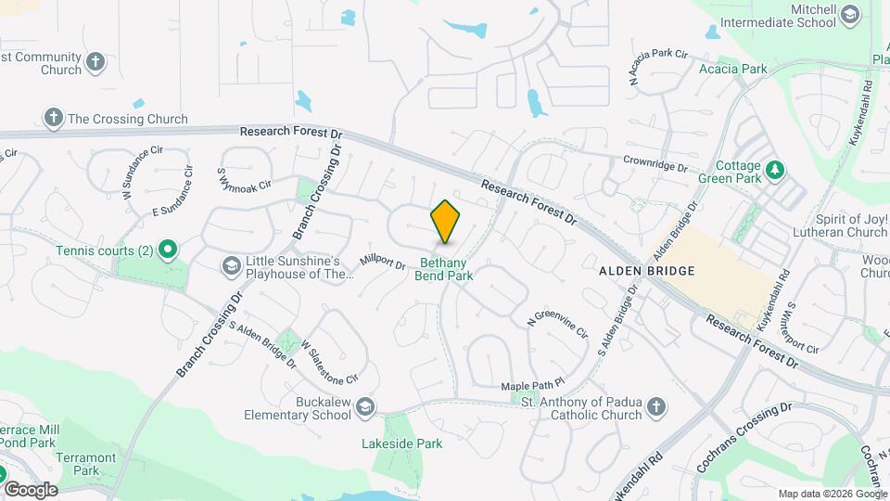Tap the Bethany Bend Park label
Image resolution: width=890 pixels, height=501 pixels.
click(444, 269)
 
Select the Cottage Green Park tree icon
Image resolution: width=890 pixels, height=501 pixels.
click(776, 170)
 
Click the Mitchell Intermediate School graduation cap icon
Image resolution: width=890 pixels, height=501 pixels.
click(850, 16)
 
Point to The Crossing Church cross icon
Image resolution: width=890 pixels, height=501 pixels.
click(54, 118)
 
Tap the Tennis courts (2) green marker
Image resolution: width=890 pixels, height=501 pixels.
click(167, 250)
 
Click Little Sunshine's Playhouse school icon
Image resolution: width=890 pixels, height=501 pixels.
click(231, 267)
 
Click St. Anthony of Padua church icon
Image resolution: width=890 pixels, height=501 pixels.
click(655, 407)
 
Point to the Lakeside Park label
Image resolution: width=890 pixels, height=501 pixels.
click(401, 444)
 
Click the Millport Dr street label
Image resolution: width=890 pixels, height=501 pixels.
click(382, 263)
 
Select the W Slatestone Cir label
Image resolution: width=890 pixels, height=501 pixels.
click(328, 362)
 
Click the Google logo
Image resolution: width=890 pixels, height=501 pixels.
click(31, 489)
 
